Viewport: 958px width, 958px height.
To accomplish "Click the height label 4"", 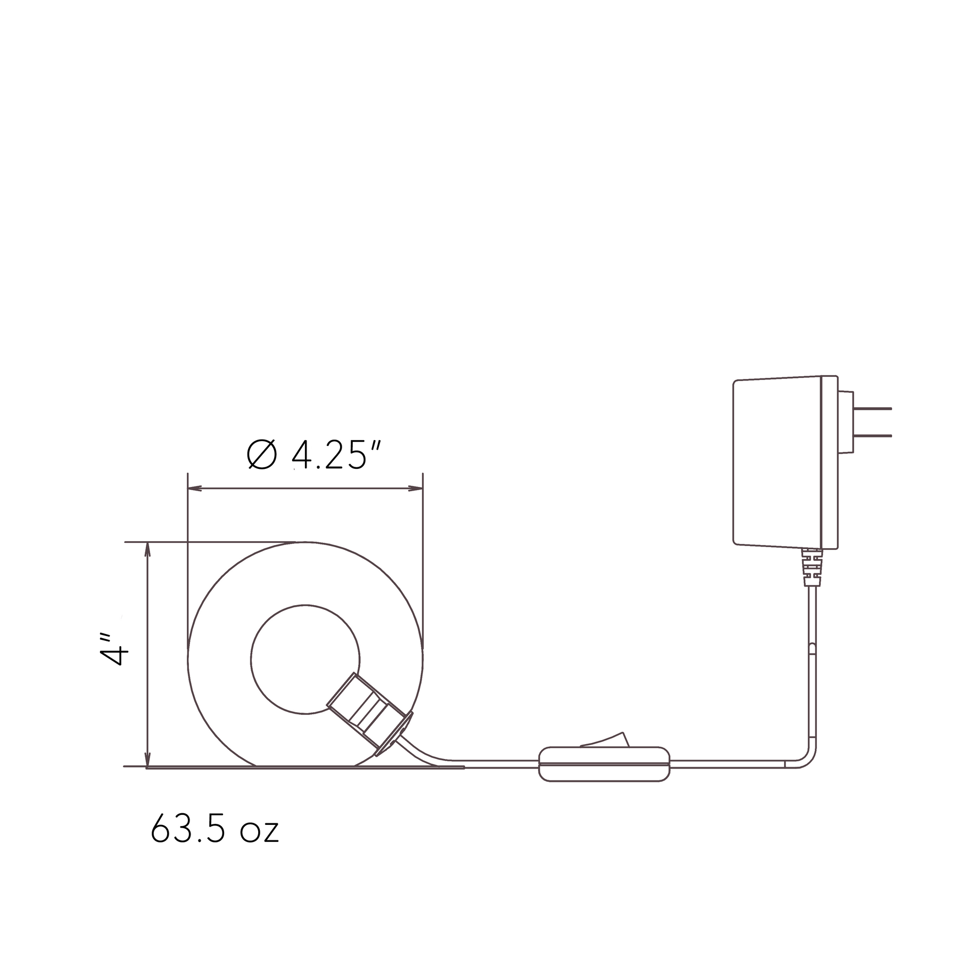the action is coord(114,649).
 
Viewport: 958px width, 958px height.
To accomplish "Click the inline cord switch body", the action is coord(604,764).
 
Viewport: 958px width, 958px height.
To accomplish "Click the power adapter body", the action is coord(785,462).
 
